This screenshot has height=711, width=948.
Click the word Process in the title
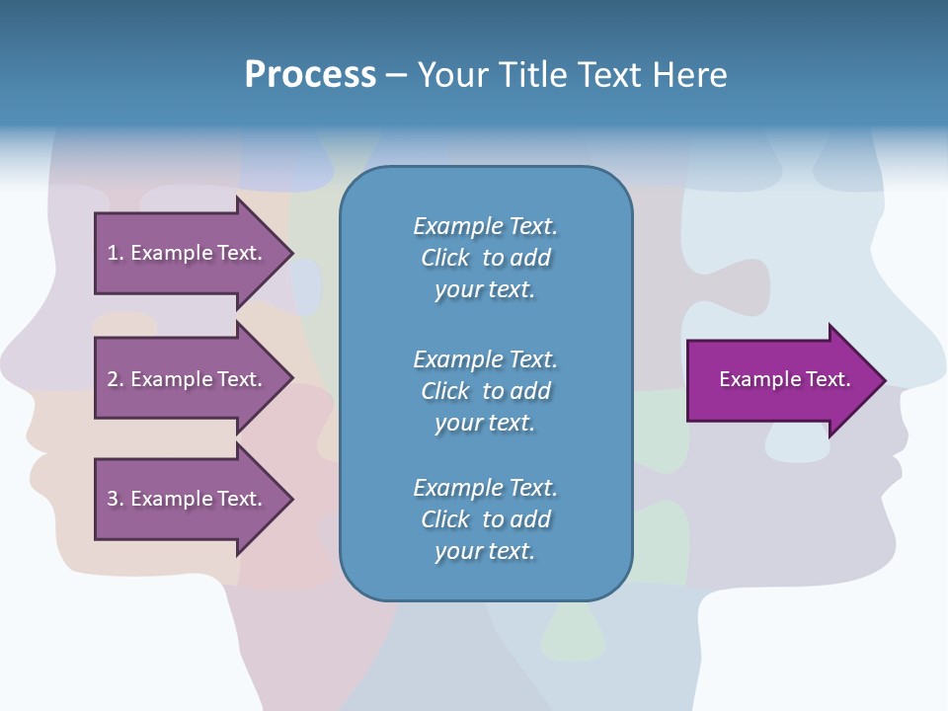pyautogui.click(x=310, y=75)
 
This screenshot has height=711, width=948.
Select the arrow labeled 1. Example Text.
pyautogui.click(x=188, y=253)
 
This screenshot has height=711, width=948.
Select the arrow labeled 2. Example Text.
pyautogui.click(x=188, y=379)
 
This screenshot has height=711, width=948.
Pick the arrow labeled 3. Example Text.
pyautogui.click(x=188, y=499)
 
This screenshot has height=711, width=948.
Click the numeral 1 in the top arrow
pyautogui.click(x=113, y=253)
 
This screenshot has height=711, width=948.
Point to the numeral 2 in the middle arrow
pyautogui.click(x=113, y=379)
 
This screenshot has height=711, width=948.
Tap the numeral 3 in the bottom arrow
pyautogui.click(x=113, y=499)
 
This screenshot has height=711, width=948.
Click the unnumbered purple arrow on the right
pyautogui.click(x=780, y=380)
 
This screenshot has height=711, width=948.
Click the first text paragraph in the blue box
pyautogui.click(x=485, y=258)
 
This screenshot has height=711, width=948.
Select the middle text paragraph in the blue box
pyautogui.click(x=485, y=391)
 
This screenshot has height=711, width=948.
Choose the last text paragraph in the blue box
pyautogui.click(x=485, y=519)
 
